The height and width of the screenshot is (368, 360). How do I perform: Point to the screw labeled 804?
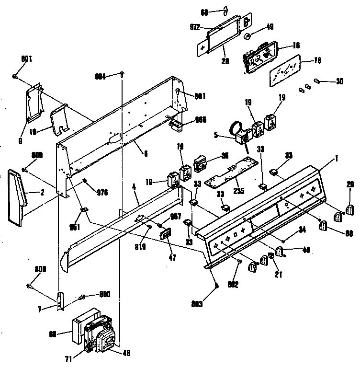123,73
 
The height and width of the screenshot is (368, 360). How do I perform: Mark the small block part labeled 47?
166,235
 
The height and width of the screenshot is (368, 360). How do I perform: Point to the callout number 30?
339,81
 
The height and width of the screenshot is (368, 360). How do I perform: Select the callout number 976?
102,193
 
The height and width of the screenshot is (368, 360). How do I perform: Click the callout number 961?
76,227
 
